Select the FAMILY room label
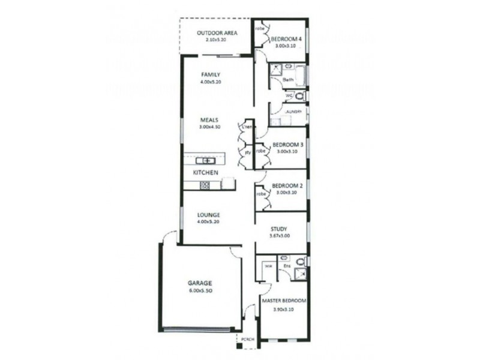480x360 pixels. click(x=209, y=74)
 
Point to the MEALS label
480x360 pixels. click(x=209, y=119)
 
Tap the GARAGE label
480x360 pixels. click(x=200, y=283)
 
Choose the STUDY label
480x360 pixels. click(x=278, y=229)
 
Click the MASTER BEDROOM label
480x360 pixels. click(x=284, y=301)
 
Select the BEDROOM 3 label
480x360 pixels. click(x=287, y=145)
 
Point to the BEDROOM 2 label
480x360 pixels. click(x=287, y=186)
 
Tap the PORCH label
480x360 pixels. click(x=248, y=340)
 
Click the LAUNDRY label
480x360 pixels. click(x=293, y=111)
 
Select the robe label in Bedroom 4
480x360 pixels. click(x=260, y=29)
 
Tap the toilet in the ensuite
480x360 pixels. click(x=301, y=261)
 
